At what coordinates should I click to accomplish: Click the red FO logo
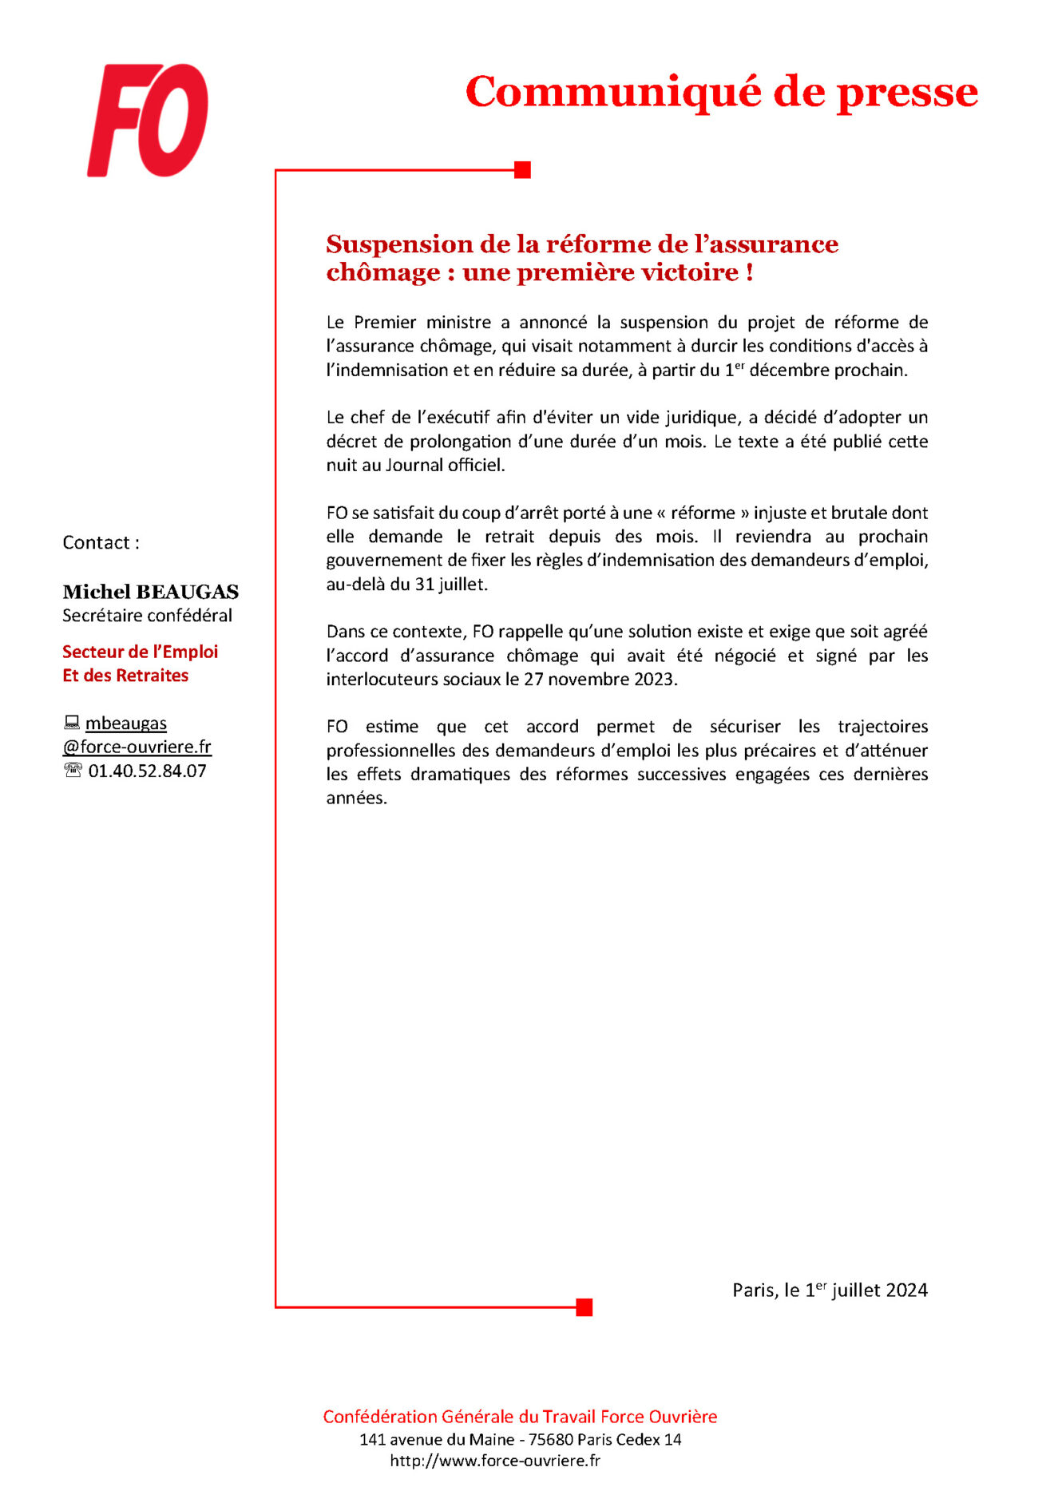coord(148,121)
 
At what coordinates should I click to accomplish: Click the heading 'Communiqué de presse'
coord(721,92)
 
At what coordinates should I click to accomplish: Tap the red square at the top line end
coord(522,170)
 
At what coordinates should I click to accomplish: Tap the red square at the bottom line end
coord(584,1307)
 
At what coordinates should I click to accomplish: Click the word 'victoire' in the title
coord(691,272)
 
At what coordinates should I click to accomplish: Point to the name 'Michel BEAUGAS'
coord(150,592)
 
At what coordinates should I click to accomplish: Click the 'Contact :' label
coord(101,543)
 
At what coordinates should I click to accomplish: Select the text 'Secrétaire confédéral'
coord(147,616)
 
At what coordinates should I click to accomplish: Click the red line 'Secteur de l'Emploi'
coord(140,652)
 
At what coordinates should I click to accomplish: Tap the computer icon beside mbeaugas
coord(72,723)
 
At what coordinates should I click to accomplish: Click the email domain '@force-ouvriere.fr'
coord(137,747)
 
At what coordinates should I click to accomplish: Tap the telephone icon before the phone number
coord(73,771)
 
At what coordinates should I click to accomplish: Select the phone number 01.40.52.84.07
coord(147,771)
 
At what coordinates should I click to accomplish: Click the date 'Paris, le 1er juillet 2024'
coord(830,1290)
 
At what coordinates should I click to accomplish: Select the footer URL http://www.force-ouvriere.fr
coord(495,1461)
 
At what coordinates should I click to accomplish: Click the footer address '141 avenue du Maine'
coord(436,1439)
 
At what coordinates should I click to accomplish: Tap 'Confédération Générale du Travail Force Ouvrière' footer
coord(520,1417)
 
